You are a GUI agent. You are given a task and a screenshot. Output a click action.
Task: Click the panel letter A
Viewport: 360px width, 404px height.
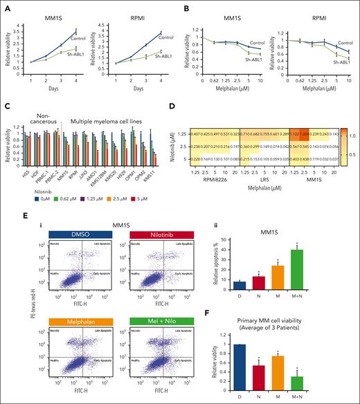[8, 8]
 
